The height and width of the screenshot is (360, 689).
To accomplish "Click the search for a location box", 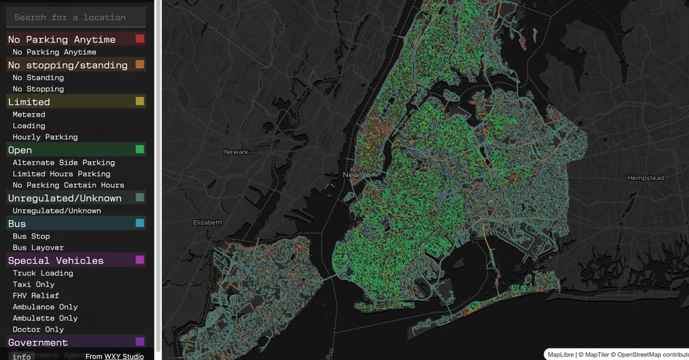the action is tap(76, 17).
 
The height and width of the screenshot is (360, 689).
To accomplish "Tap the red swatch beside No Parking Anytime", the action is tap(140, 39).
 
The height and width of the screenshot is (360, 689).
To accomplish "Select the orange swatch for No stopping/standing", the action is tap(140, 65).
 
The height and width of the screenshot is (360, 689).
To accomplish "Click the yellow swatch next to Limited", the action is tap(140, 102).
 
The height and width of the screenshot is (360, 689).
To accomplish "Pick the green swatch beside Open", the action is tap(140, 150).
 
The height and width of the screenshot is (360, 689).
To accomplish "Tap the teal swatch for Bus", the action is tap(140, 223).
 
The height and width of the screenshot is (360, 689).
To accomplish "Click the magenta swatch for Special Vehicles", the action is tap(140, 260).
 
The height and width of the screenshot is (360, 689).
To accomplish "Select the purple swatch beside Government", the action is tap(140, 342).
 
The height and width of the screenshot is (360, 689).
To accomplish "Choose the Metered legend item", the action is tap(29, 114).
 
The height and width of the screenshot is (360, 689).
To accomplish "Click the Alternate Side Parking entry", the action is tap(64, 162).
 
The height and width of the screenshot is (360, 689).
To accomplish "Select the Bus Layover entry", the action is tap(38, 247).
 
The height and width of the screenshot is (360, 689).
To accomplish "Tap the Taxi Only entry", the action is tap(33, 284).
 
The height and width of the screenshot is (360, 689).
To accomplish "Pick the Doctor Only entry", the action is tap(38, 329).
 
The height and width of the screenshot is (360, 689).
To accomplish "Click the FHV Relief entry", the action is tap(36, 296).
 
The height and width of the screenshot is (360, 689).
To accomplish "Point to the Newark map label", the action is tap(236, 152).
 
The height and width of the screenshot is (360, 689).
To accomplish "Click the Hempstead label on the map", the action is tap(645, 178).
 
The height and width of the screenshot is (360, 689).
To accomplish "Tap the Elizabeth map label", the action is tap(207, 222).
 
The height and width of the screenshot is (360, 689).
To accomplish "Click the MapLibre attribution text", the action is tap(562, 354).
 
